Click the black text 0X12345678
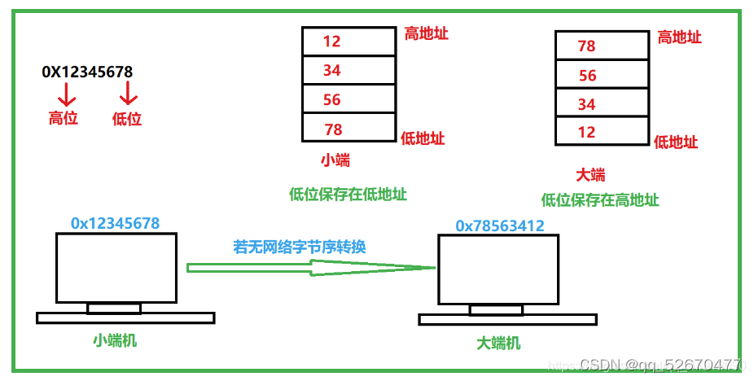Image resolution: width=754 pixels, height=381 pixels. click(87, 72)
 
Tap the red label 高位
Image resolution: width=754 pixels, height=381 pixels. click(63, 118)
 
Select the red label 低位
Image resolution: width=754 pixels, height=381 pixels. click(126, 119)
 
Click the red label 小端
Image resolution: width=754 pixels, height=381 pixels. click(335, 160)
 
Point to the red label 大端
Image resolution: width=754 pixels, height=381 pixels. click(590, 175)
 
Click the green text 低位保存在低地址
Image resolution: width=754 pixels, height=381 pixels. click(348, 195)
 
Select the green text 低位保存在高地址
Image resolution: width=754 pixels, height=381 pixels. click(600, 200)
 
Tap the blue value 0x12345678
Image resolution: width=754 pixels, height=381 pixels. click(115, 223)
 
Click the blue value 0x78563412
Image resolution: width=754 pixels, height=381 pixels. click(500, 226)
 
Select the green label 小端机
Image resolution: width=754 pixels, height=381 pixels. click(114, 340)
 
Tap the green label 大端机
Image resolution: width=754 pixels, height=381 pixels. click(498, 343)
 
